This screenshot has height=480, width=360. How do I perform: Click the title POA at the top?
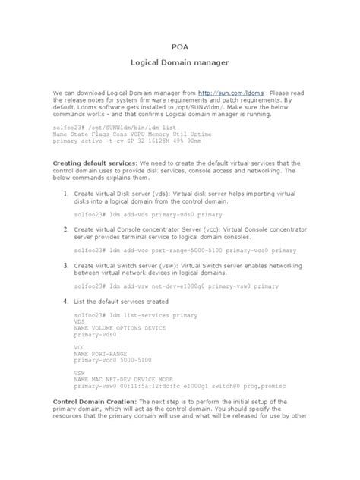(x=180, y=45)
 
